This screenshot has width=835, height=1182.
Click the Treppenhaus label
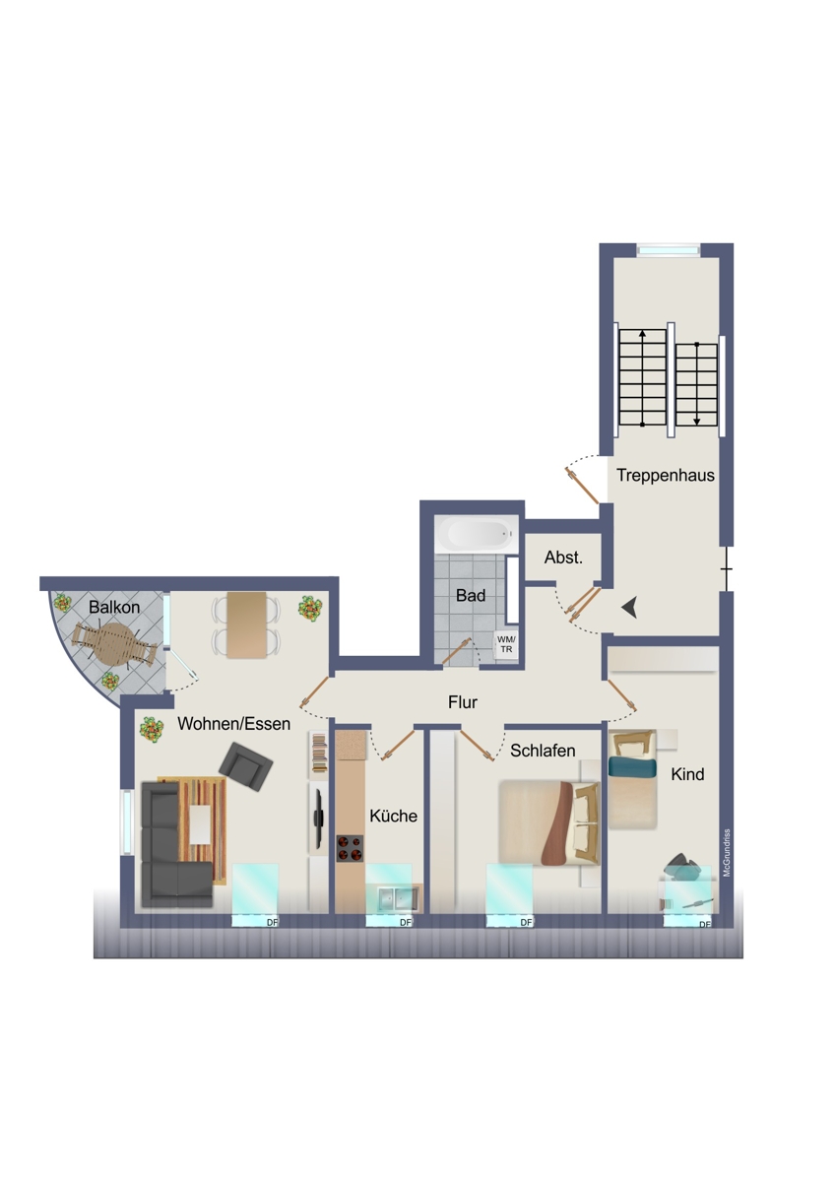(666, 476)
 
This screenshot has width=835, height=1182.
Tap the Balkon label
(114, 607)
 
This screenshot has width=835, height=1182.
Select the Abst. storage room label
(563, 558)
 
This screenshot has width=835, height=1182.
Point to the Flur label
(463, 702)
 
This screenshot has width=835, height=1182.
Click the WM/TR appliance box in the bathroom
(506, 645)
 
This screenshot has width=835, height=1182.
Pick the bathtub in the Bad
(477, 534)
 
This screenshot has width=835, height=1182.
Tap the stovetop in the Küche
(350, 848)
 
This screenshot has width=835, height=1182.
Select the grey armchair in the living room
(246, 766)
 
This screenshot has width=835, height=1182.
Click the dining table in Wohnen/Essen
(246, 624)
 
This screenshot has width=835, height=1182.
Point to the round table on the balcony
(114, 644)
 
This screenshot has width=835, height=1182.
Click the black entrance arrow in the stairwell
(630, 608)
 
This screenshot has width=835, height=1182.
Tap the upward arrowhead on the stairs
(642, 334)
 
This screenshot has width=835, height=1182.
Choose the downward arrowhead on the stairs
(697, 422)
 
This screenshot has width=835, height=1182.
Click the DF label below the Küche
(405, 922)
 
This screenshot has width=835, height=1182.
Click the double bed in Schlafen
(549, 823)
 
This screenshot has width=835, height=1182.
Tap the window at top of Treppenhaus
(669, 249)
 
